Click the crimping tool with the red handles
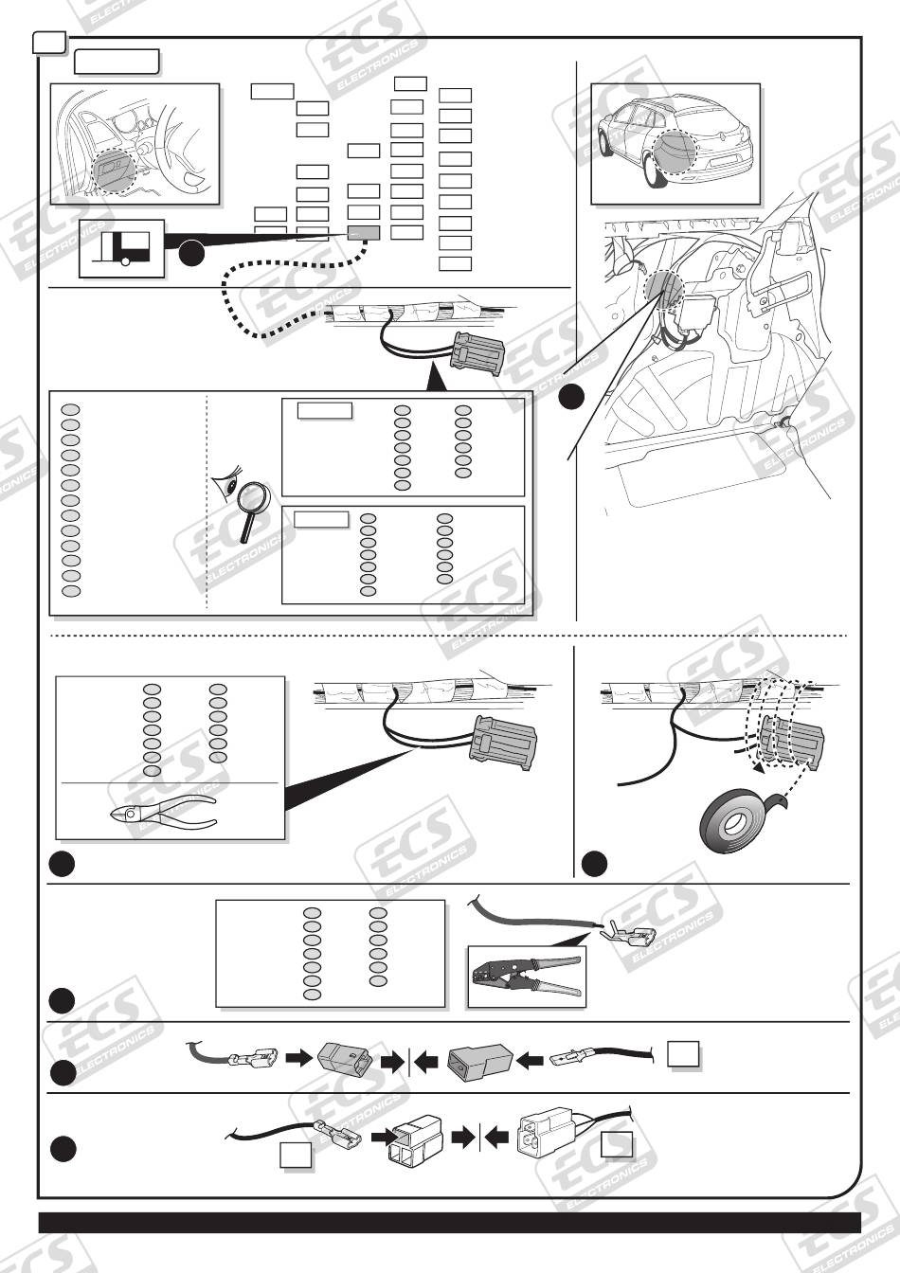pyautogui.click(x=527, y=977)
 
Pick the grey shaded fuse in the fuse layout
pyautogui.click(x=364, y=233)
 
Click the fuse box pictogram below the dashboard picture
pyautogui.click(x=121, y=248)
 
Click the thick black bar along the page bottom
pyautogui.click(x=449, y=1223)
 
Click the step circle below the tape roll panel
pyautogui.click(x=594, y=863)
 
